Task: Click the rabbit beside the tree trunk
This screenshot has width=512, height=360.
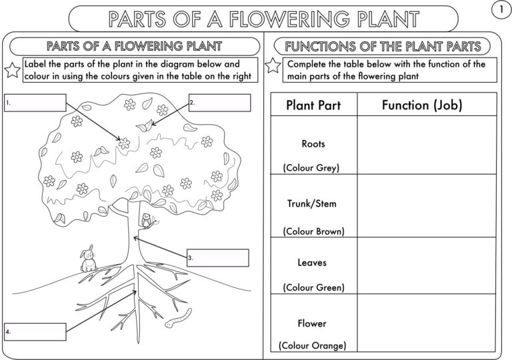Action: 88,259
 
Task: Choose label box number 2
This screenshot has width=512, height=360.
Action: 219,103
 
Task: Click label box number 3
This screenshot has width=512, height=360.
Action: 217,257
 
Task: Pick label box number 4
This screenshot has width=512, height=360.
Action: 35,331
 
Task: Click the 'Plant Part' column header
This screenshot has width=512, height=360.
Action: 313,105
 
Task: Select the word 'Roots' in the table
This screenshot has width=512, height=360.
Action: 313,143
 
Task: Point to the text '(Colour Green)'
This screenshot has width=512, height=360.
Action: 313,287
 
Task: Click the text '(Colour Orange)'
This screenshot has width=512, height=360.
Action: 313,345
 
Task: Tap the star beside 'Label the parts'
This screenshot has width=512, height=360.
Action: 12,69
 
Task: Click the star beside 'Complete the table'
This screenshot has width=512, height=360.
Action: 273,66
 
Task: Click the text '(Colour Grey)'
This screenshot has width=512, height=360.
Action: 311,168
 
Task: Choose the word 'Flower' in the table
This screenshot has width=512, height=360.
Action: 313,323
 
